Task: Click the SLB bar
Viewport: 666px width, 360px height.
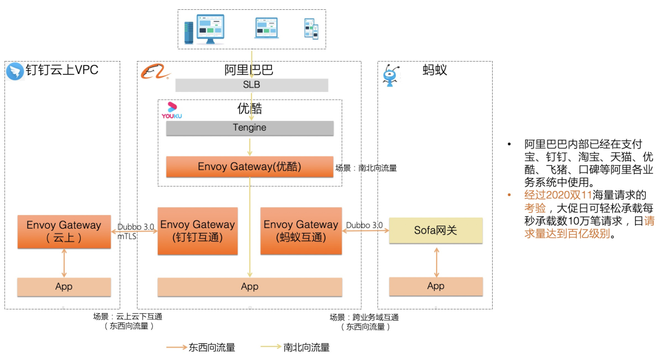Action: [252, 85]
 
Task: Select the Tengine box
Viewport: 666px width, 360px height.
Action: [250, 128]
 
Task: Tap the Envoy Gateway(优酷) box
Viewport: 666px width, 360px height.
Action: [250, 166]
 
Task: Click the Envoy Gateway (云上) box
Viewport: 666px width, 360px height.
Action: [64, 232]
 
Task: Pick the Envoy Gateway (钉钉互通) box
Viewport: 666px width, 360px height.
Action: [197, 231]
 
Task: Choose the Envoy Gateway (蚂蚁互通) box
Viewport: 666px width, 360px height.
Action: [301, 231]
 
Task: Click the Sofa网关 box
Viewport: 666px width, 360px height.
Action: [435, 231]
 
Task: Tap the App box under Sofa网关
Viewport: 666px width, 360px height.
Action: [435, 286]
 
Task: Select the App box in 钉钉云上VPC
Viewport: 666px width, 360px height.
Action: [64, 287]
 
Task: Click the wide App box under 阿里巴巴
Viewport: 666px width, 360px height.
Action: [250, 287]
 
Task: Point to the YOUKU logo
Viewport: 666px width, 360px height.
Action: [172, 111]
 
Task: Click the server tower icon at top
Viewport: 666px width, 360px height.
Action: [189, 31]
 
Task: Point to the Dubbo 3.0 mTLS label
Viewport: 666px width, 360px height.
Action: [137, 231]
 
